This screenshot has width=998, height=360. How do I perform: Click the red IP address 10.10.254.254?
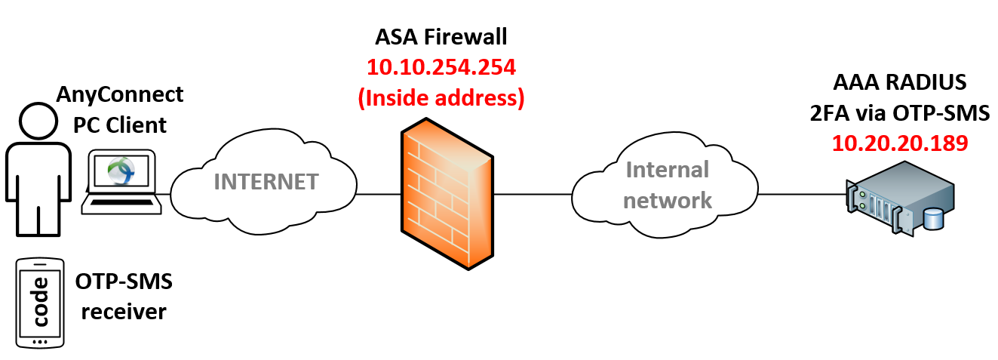coord(441,68)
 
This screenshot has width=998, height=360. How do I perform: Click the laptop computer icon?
coord(121,181)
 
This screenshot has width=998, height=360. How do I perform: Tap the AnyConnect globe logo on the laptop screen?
coord(121,171)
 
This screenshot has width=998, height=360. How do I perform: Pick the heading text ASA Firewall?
coord(441,37)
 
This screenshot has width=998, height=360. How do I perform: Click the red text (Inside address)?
coord(441,97)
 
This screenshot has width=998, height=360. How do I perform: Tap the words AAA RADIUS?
coord(899,82)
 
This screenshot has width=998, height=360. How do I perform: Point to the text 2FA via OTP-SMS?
coord(899,112)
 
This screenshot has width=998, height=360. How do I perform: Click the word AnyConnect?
coord(121,94)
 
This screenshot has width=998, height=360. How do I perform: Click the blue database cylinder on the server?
coord(933,220)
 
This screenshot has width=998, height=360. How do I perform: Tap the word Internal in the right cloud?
coord(665,170)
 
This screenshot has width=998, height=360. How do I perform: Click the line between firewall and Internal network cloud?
coord(533,195)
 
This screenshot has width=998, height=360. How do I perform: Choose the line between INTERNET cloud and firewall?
coord(377,195)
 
